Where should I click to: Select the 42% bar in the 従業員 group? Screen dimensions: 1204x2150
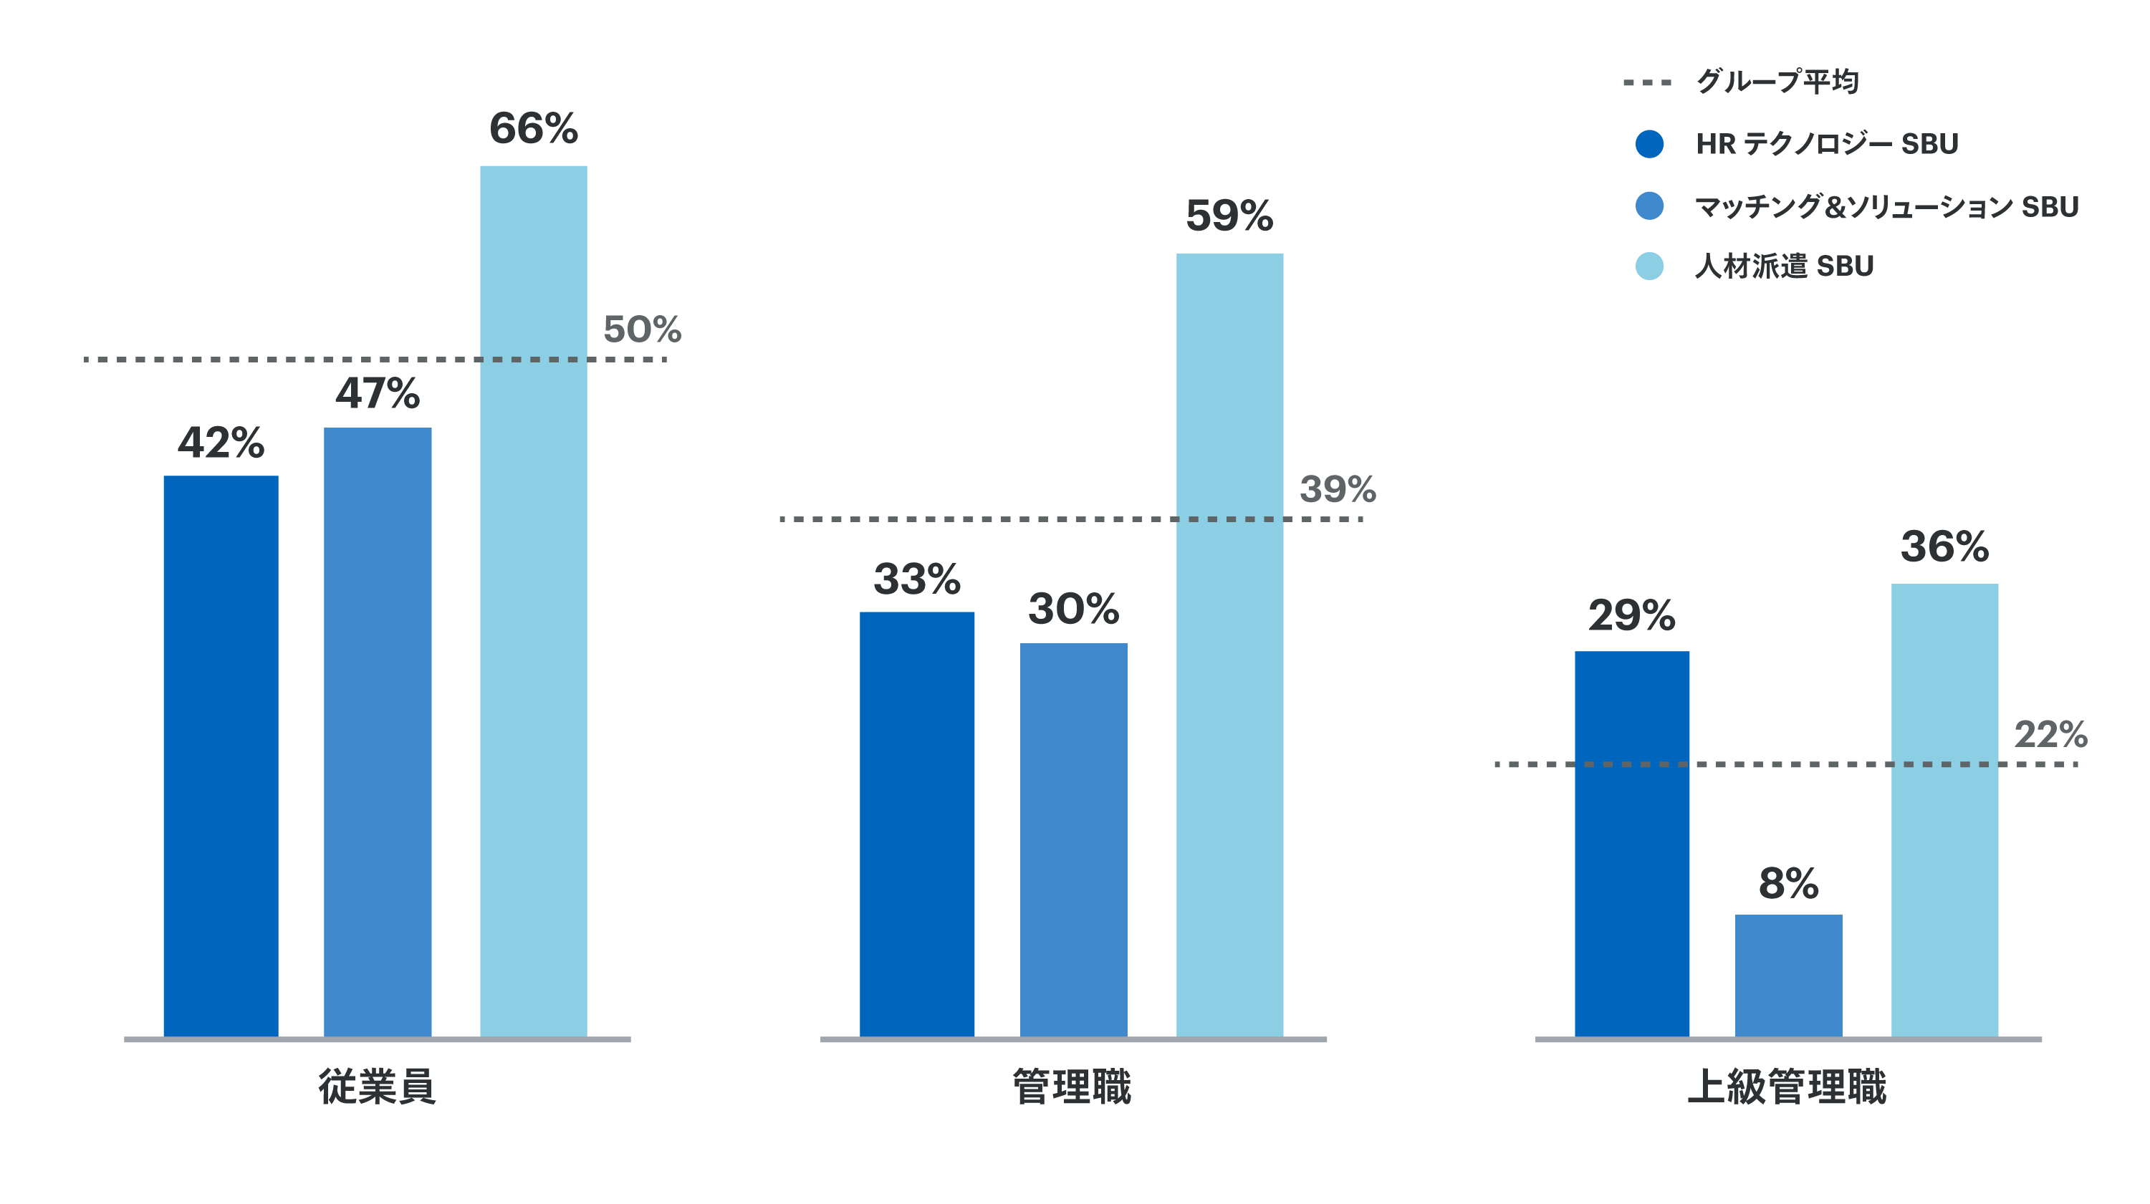[221, 755]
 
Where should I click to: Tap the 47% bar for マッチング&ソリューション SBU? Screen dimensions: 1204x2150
[378, 732]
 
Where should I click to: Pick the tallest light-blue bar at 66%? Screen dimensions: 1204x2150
[533, 601]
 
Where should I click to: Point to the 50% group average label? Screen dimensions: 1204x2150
[642, 329]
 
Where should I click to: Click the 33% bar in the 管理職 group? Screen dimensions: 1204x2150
[916, 824]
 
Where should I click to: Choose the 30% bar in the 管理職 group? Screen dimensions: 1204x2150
[1073, 839]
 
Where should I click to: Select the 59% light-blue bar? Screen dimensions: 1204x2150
[1229, 644]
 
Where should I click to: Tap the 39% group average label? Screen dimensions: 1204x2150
[1337, 490]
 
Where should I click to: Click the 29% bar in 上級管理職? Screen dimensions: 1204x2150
[1632, 843]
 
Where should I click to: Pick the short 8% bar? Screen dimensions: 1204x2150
[1789, 975]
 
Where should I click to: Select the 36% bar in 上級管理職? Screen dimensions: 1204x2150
[1944, 809]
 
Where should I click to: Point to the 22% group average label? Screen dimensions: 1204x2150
[2050, 735]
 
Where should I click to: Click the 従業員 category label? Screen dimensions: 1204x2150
[378, 1087]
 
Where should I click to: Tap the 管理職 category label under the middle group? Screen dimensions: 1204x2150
[1072, 1087]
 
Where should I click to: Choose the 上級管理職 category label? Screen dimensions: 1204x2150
[1787, 1087]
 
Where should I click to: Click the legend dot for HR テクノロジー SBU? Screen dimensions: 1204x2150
[1649, 143]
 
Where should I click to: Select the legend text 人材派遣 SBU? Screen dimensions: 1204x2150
[1785, 266]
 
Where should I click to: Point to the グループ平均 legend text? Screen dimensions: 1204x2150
[1777, 82]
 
